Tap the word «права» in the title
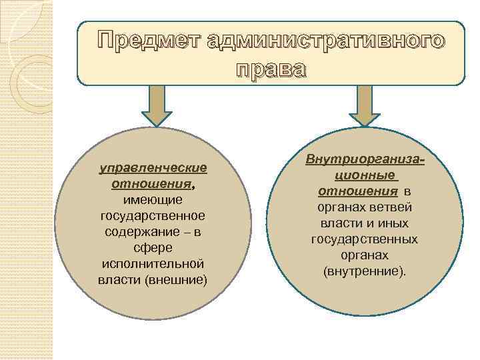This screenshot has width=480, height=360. point(271,69)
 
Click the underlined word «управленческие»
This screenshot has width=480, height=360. point(153,167)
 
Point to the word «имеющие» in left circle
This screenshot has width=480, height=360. point(153,199)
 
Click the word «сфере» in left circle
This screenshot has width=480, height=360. point(153,247)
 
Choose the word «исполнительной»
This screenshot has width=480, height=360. point(153,263)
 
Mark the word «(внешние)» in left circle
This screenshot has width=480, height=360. point(176,279)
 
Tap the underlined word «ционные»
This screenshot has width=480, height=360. point(365,176)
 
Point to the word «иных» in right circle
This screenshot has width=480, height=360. point(395,223)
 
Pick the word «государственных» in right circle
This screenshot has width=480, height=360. point(365,239)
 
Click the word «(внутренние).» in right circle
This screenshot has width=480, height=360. point(365,271)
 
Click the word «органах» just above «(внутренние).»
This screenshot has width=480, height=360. point(365,255)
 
